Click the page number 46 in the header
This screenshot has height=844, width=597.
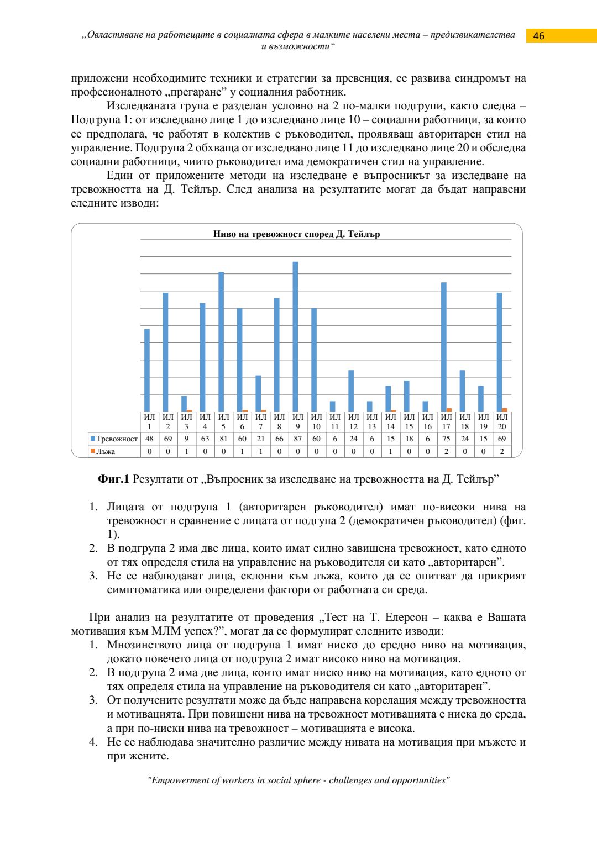(x=538, y=36)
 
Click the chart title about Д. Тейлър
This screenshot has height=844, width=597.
(x=296, y=234)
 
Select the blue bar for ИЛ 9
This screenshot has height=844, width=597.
(x=295, y=336)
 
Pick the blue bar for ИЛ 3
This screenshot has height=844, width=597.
(x=184, y=404)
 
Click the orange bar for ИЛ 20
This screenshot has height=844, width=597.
(x=505, y=410)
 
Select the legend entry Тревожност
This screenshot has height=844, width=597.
(x=114, y=439)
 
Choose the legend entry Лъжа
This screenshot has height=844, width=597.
(x=103, y=451)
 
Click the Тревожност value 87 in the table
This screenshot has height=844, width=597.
(x=298, y=439)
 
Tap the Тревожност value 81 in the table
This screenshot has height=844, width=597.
(x=223, y=439)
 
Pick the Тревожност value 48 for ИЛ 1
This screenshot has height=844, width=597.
(x=149, y=439)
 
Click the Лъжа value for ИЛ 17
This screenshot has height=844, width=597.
(x=446, y=451)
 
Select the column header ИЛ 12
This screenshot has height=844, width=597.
(x=354, y=421)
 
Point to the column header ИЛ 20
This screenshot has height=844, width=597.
(x=502, y=421)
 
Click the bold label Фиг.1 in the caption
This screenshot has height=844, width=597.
(x=113, y=479)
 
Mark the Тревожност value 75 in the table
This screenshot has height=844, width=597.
(x=446, y=439)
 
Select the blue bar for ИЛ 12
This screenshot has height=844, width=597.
(x=351, y=391)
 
